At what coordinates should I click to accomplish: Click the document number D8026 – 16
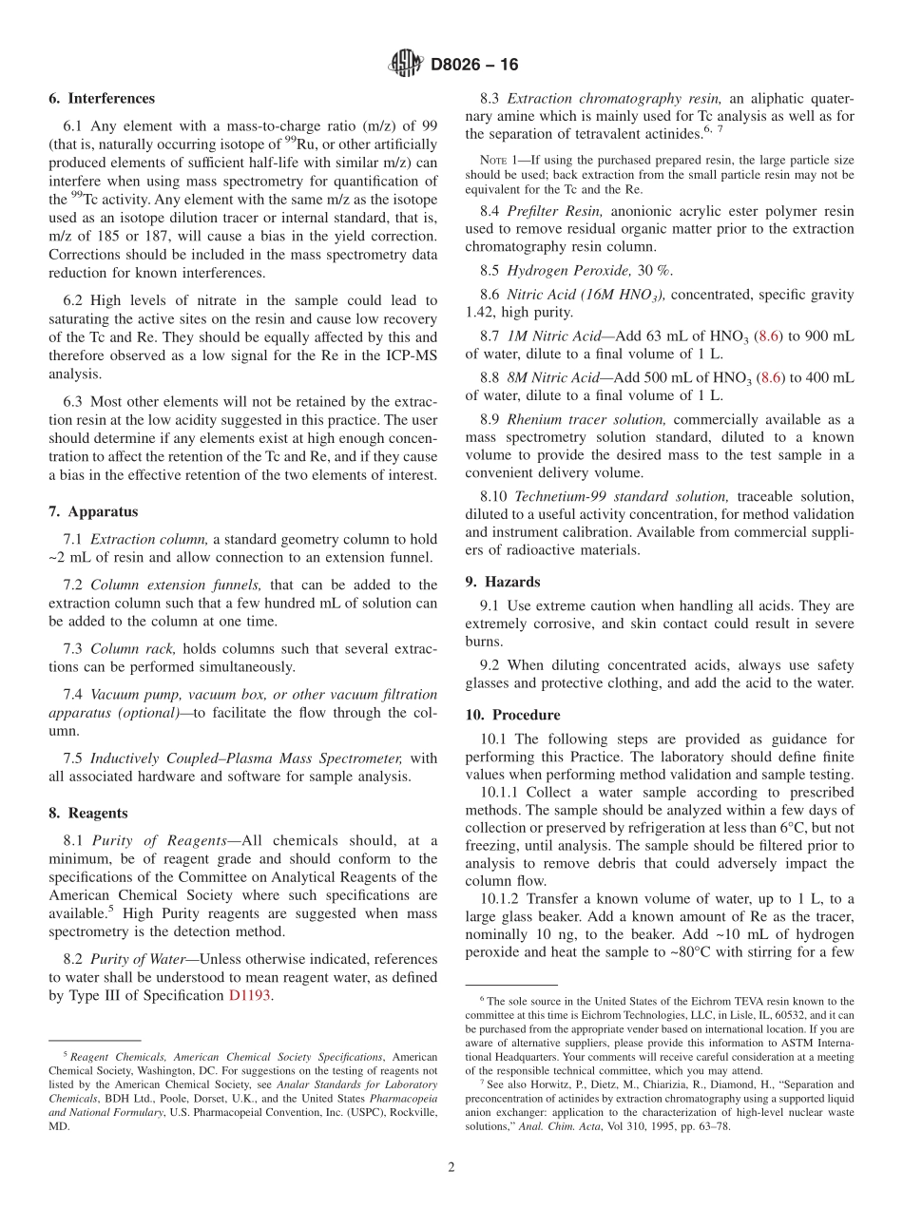coord(474,66)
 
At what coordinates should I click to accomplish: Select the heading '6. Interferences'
coord(102,99)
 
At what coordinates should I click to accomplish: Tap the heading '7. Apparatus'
coord(93,511)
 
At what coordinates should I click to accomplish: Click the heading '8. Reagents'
coord(88,813)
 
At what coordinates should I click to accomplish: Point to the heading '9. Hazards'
coord(503,582)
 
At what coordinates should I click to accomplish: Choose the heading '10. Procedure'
coord(512,715)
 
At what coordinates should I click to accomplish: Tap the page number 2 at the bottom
coord(451,1168)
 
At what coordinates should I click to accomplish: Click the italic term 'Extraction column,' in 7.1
coord(149,539)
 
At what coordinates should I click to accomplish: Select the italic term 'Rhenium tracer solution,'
coord(586,419)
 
